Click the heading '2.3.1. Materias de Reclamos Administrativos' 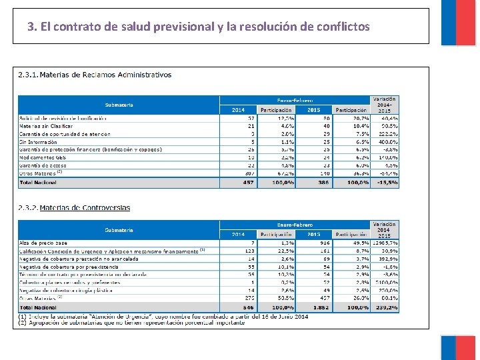point(95,75)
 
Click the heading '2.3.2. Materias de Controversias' point(75,207)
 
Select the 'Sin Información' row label point(38,142)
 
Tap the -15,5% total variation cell point(386,182)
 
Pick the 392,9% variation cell point(386,259)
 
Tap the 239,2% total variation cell point(386,307)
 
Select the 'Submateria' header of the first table point(119,105)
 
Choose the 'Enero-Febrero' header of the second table point(295,225)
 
